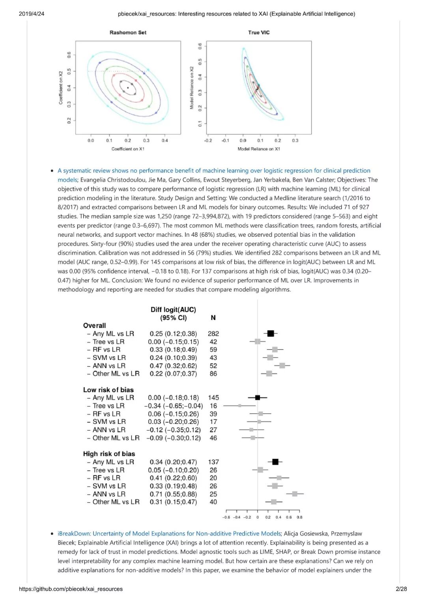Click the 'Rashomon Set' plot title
click(128, 33)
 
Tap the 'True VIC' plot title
click(259, 33)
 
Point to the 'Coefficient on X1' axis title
click(128, 149)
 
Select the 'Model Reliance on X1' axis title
click(259, 149)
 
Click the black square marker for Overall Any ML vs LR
click(271, 334)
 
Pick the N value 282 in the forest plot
click(213, 334)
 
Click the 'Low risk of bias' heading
click(108, 390)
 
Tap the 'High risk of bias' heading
click(109, 454)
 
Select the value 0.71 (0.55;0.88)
click(173, 494)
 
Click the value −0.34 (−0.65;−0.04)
click(174, 406)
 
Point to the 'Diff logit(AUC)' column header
click(173, 310)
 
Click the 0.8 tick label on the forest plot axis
click(299, 517)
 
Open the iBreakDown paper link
click(169, 534)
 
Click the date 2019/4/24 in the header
click(32, 14)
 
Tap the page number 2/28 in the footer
click(401, 589)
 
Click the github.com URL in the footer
click(71, 589)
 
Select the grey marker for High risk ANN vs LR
click(295, 494)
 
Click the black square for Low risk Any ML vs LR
click(258, 398)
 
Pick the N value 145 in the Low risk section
click(213, 398)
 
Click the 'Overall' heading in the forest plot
click(94, 326)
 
